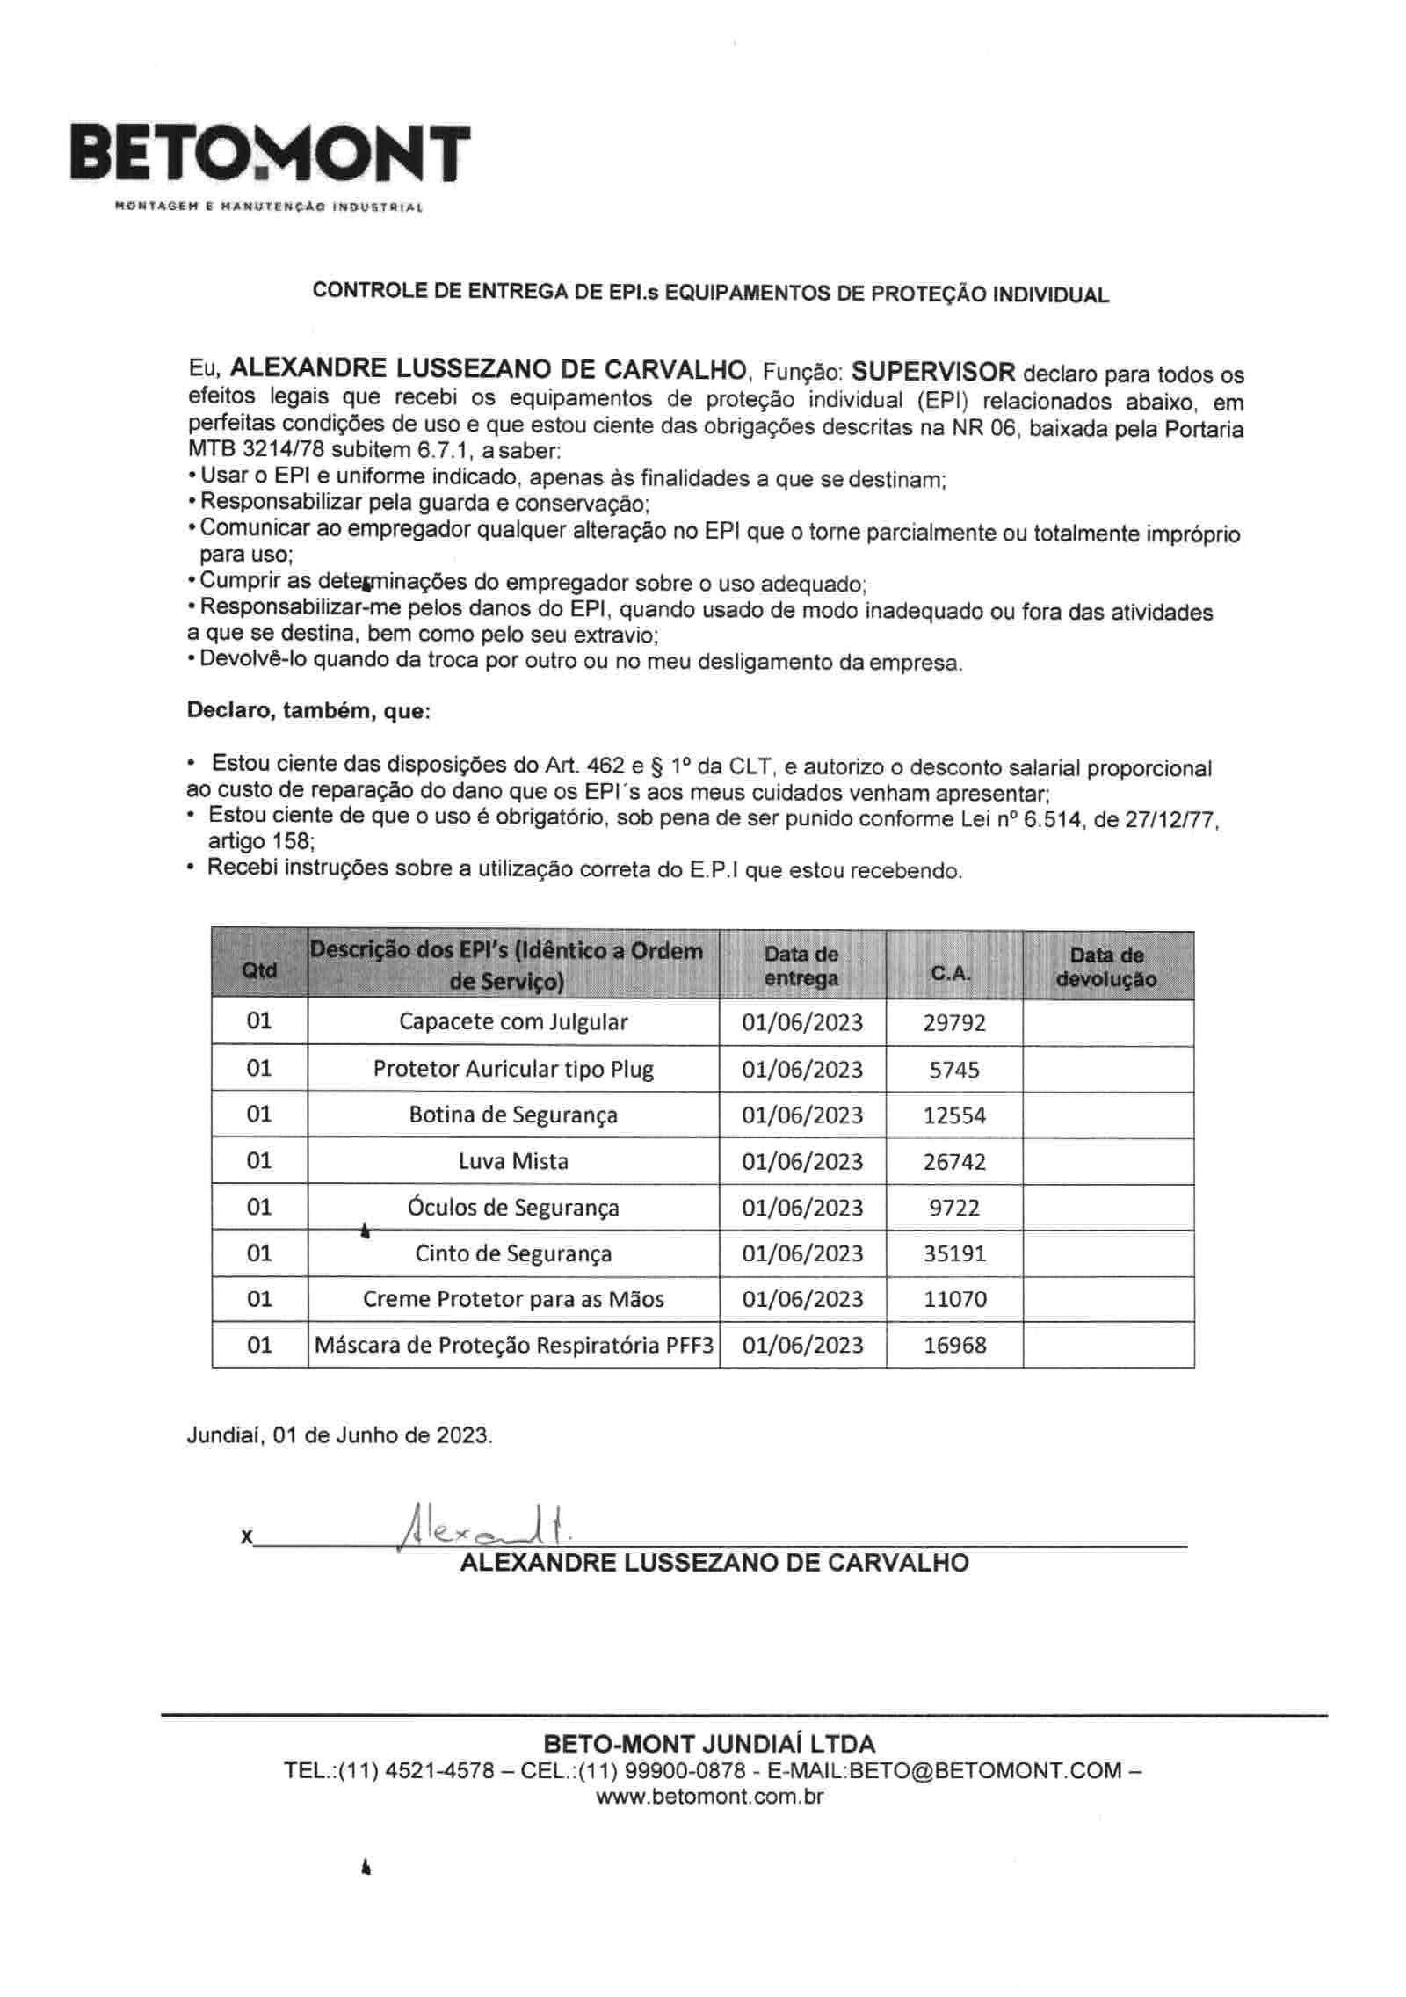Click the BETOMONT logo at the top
[x=271, y=156]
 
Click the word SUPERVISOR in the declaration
[x=932, y=371]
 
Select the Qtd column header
[x=259, y=969]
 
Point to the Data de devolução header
[x=1106, y=967]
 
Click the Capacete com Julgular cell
[x=513, y=1022]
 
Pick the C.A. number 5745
[x=954, y=1070]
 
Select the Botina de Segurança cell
[x=513, y=1115]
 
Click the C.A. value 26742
[x=954, y=1161]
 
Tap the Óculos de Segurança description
[x=513, y=1207]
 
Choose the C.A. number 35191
[x=954, y=1253]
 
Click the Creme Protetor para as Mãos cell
[x=513, y=1299]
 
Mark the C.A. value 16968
[x=954, y=1345]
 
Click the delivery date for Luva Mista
[x=802, y=1161]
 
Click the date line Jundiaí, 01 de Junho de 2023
[x=339, y=1435]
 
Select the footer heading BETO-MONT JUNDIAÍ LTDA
[x=709, y=1744]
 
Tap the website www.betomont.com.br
[x=709, y=1796]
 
